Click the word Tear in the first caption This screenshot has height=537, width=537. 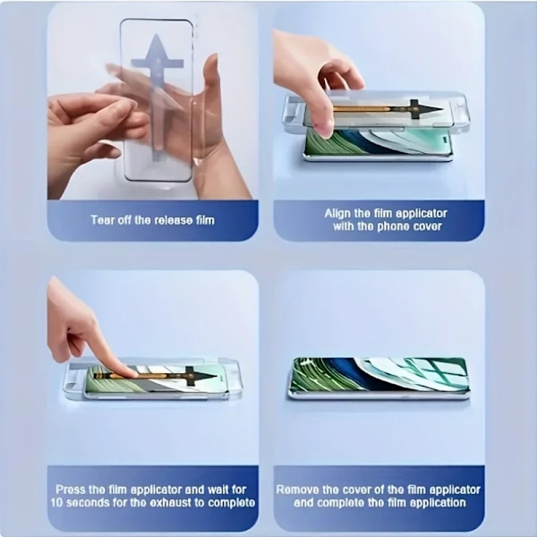coord(102,219)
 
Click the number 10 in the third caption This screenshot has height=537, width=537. coord(56,503)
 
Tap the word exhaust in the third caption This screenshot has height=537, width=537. coord(174,503)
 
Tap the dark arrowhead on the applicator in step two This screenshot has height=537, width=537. coord(430,109)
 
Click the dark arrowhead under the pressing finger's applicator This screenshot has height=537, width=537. coord(206,376)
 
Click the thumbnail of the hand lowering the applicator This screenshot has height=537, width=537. coord(326,130)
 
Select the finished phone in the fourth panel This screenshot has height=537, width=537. coord(379,378)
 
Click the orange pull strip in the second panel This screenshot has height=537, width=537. coord(362,109)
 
